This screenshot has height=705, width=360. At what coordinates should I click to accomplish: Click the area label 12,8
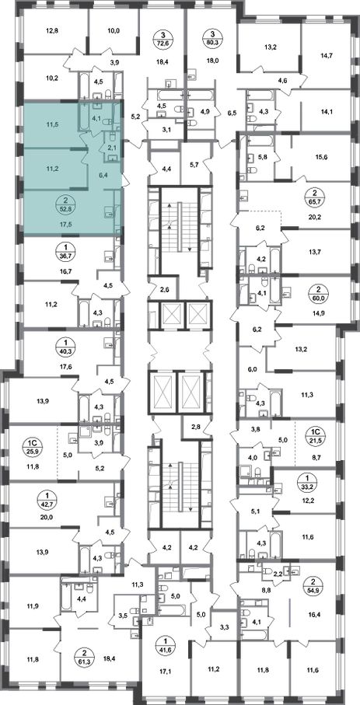(x=53, y=30)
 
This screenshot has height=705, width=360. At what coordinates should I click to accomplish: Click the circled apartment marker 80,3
(x=212, y=38)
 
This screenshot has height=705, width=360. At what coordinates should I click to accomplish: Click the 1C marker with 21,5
(x=315, y=436)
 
